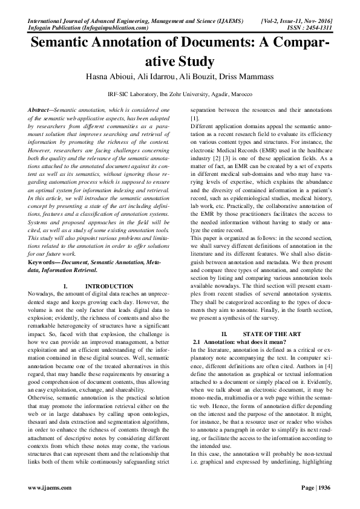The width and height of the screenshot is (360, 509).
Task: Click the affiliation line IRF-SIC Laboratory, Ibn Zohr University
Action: pos(180,94)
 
